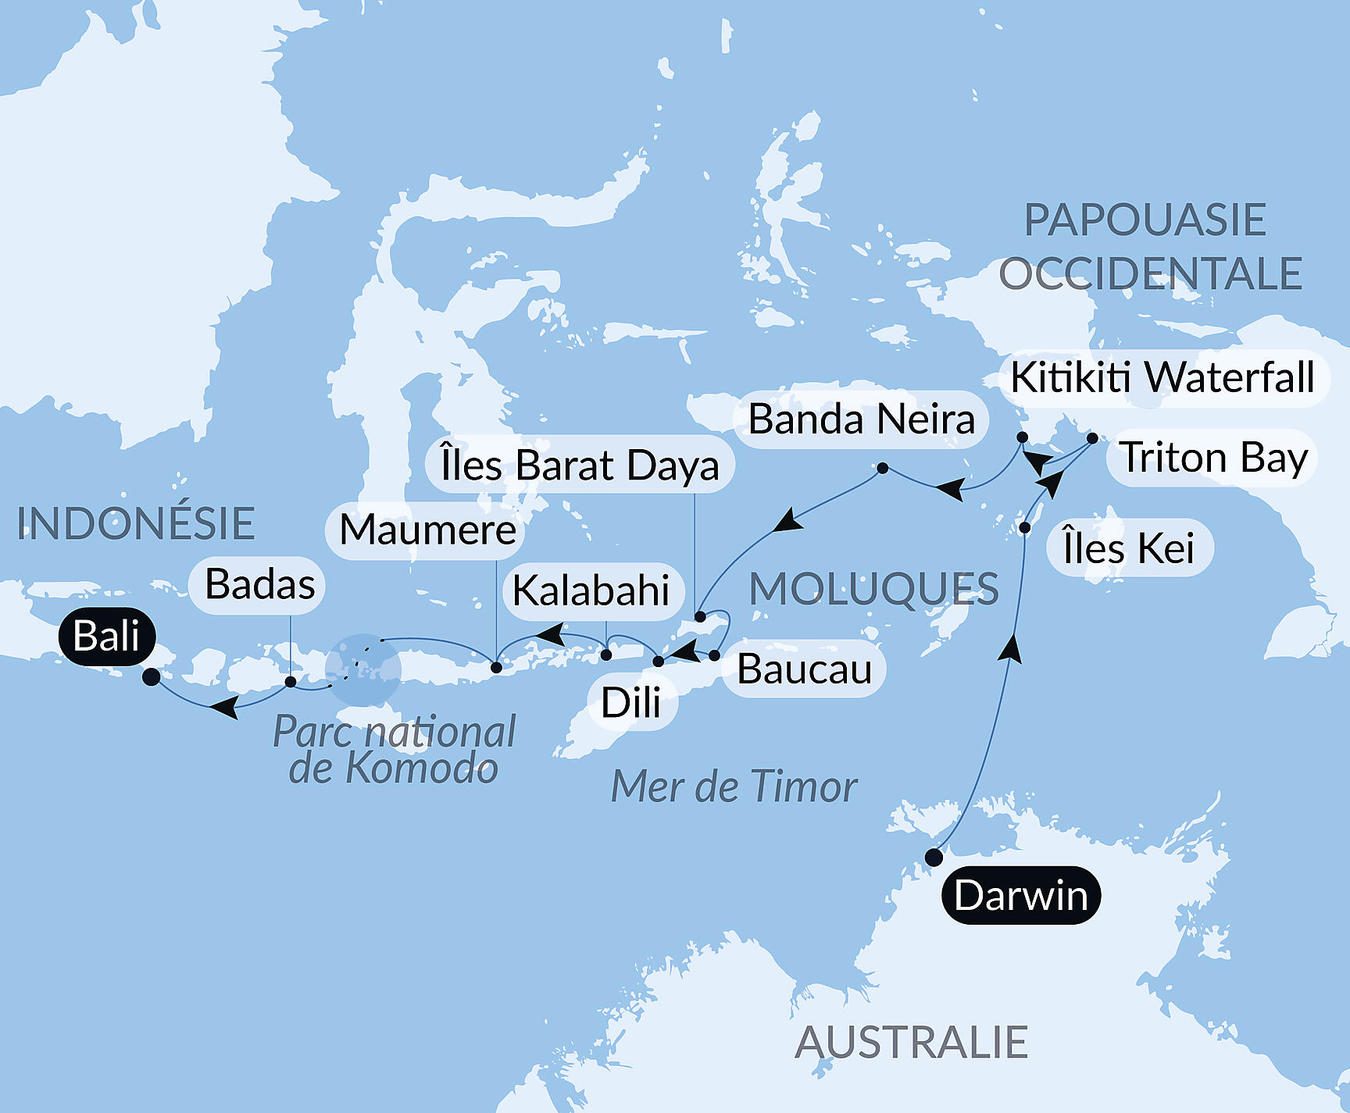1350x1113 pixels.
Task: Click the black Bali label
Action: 107,636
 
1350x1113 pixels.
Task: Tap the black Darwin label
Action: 1020,895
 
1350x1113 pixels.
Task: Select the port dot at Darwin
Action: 934,858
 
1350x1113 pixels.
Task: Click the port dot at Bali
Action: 152,677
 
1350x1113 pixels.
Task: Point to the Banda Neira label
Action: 861,419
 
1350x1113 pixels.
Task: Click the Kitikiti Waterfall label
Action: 1162,378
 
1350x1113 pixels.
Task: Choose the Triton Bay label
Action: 1212,458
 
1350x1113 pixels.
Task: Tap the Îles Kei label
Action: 1129,548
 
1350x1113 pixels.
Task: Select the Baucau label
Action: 804,669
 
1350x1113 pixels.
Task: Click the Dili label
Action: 630,702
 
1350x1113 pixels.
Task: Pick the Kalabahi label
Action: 591,590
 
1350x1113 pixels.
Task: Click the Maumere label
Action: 427,530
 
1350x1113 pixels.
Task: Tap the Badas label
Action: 259,584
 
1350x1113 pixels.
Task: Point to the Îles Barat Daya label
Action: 579,465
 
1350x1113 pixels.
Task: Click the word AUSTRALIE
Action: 911,1042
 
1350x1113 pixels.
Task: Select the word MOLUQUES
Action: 873,589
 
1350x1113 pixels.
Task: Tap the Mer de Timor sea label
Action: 734,787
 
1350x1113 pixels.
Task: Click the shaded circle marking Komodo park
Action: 363,669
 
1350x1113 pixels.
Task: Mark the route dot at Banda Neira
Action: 882,469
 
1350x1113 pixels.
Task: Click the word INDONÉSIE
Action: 136,523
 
